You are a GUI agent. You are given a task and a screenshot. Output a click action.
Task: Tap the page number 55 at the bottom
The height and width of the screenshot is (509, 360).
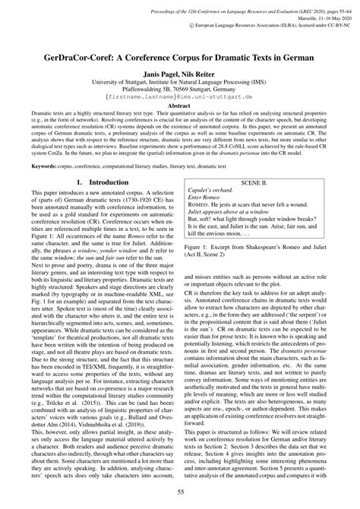click(180, 493)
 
